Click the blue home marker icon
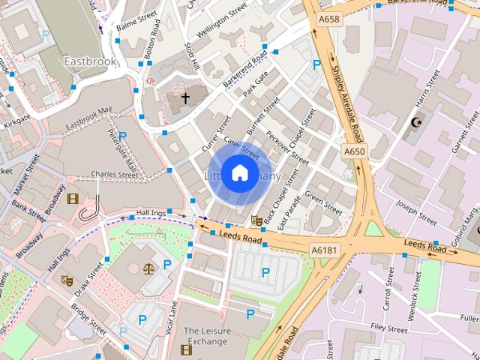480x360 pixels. click(x=239, y=172)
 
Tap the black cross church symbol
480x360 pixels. click(x=185, y=98)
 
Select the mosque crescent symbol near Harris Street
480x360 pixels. click(x=418, y=122)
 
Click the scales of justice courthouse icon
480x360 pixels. click(x=148, y=265)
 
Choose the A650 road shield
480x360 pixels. click(x=354, y=151)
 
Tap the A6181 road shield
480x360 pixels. click(x=325, y=249)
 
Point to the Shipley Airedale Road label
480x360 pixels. click(x=347, y=104)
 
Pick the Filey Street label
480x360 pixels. click(x=390, y=328)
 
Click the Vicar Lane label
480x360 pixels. click(x=171, y=319)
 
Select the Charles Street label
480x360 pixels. click(x=115, y=175)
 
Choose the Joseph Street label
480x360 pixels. click(x=417, y=212)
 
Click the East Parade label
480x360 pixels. click(x=289, y=212)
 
